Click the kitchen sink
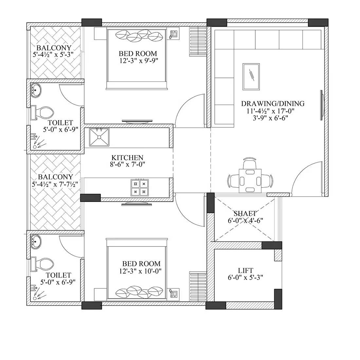[99, 137]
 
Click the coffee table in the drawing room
[251, 77]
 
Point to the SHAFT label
[245, 213]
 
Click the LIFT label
[245, 270]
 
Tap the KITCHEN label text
[127, 157]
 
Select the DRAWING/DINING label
[273, 104]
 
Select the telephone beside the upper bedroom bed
[173, 34]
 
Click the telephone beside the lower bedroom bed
[173, 293]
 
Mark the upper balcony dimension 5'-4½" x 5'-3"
[54, 55]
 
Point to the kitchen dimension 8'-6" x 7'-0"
[127, 164]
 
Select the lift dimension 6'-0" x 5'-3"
[245, 277]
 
